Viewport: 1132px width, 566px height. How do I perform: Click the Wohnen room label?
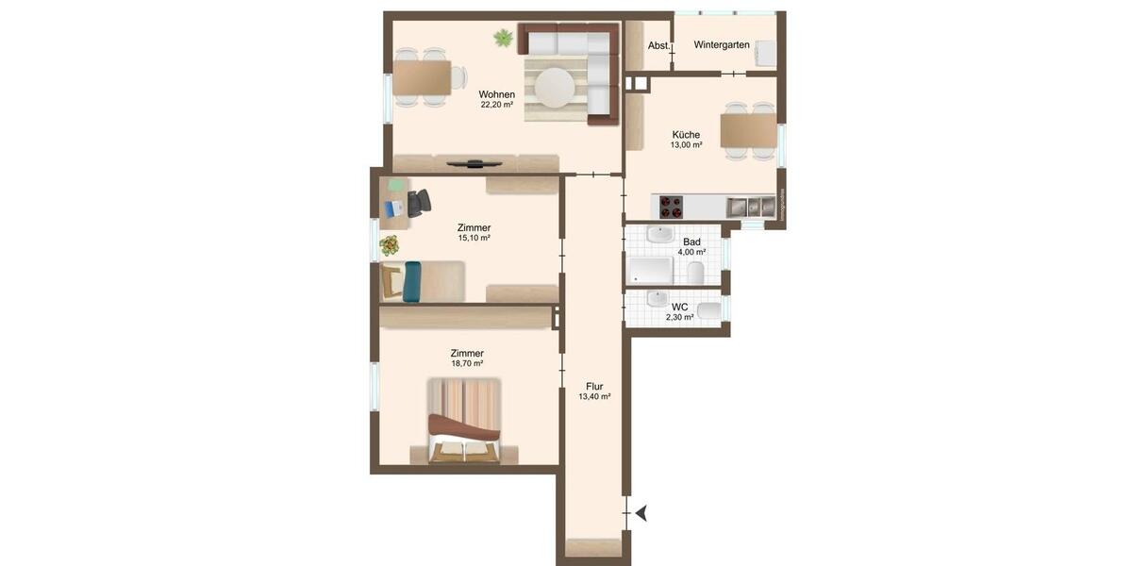tap(496, 94)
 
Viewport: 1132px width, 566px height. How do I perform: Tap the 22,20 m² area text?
tap(496, 105)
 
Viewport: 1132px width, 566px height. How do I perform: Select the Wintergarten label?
tap(722, 45)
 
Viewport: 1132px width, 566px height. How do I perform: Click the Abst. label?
tap(658, 45)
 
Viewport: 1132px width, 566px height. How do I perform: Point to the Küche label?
tap(686, 135)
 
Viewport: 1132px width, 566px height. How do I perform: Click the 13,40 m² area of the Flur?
tap(594, 397)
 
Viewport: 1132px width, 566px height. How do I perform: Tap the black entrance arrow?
tap(641, 513)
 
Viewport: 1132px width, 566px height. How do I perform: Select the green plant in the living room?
tap(503, 39)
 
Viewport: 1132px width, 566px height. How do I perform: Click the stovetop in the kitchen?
tap(671, 207)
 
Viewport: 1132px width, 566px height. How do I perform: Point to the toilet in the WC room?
tap(709, 310)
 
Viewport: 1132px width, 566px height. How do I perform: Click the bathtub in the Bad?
tap(651, 272)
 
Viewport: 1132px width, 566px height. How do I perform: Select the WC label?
tap(679, 308)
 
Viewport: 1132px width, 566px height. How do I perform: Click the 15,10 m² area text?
tap(474, 238)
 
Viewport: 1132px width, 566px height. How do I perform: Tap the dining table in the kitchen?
tap(748, 130)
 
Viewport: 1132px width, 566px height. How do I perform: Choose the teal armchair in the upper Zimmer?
tap(411, 282)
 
